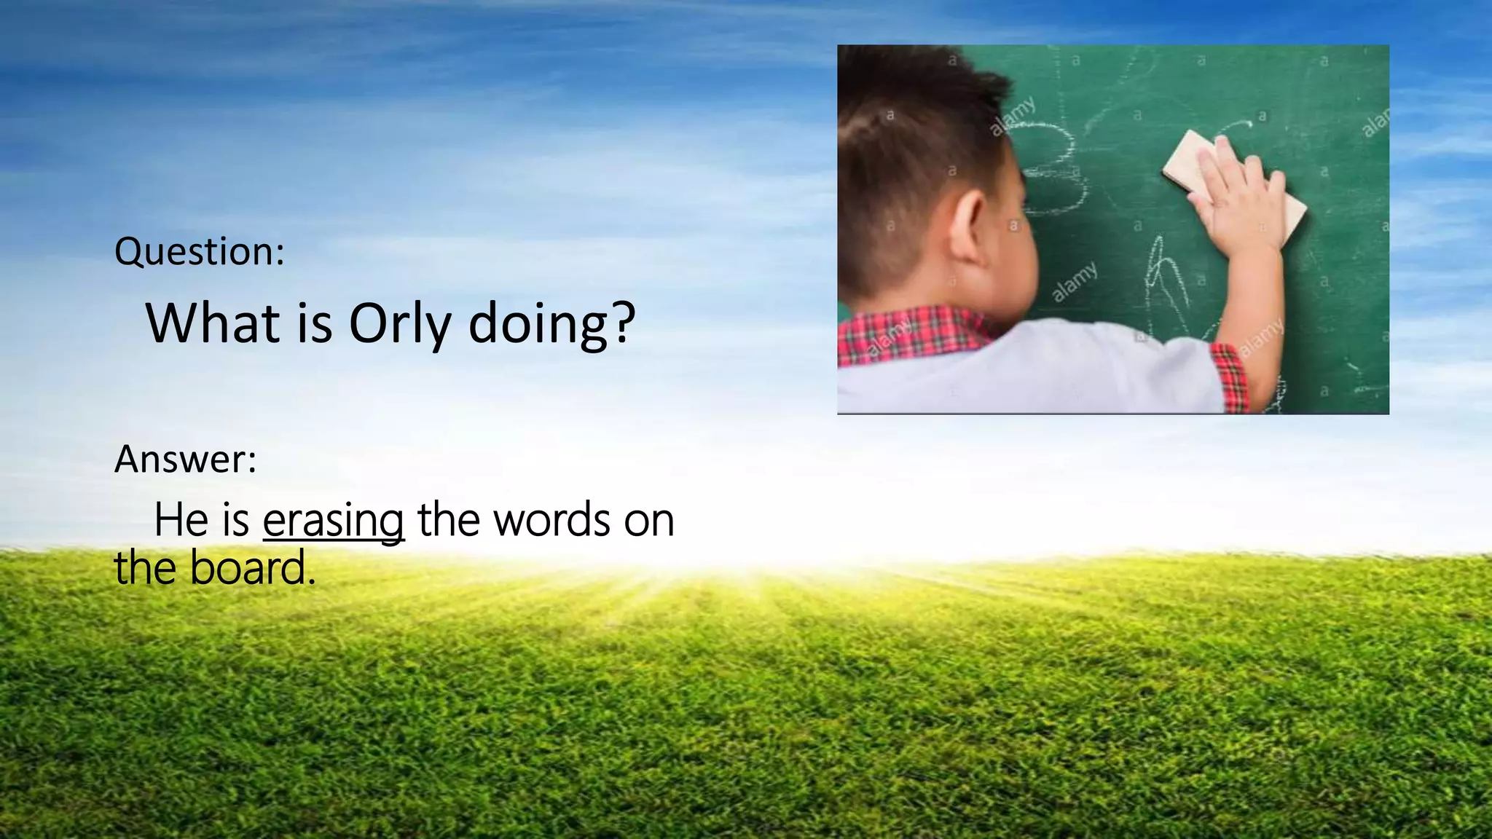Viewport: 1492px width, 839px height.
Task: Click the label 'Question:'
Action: coord(199,252)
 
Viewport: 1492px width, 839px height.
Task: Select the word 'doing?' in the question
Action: coord(551,324)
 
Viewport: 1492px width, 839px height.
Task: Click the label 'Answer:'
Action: coord(185,460)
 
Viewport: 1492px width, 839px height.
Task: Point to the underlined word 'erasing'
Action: coord(333,521)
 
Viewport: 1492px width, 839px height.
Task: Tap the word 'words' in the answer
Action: coord(551,521)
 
